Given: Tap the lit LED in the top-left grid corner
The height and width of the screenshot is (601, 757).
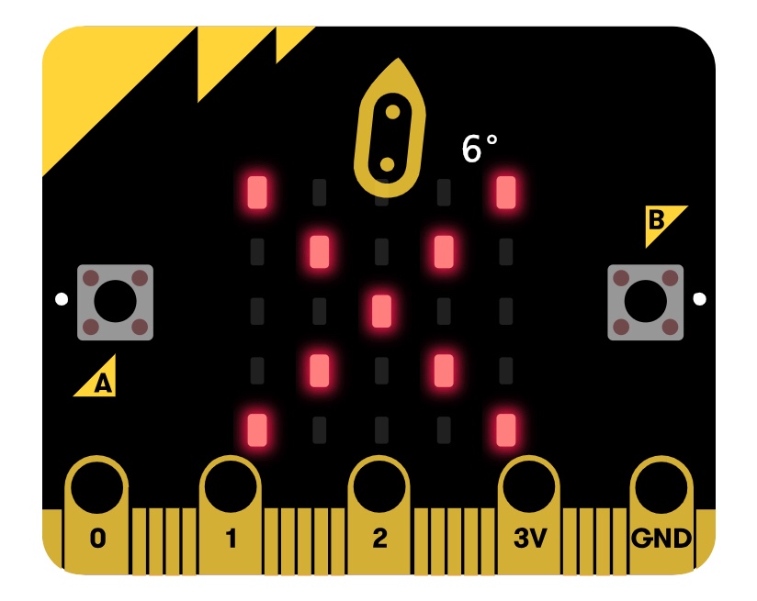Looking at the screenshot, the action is pyautogui.click(x=256, y=192).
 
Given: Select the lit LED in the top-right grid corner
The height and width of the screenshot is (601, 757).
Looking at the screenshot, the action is pyautogui.click(x=505, y=192).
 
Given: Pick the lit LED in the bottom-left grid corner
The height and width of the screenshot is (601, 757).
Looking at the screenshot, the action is pyautogui.click(x=256, y=428).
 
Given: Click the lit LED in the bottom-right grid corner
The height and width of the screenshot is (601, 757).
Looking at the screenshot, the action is pyautogui.click(x=505, y=428).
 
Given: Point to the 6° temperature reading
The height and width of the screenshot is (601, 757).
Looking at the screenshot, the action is pyautogui.click(x=479, y=149).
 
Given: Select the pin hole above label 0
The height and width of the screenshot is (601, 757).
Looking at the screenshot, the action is pyautogui.click(x=97, y=486).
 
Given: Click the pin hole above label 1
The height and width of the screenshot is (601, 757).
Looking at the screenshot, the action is pyautogui.click(x=231, y=486).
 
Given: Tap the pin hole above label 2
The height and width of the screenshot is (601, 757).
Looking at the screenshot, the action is pyautogui.click(x=380, y=486).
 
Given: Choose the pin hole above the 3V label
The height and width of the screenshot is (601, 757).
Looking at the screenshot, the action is pyautogui.click(x=529, y=486).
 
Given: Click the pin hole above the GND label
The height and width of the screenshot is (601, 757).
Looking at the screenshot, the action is pyautogui.click(x=661, y=486).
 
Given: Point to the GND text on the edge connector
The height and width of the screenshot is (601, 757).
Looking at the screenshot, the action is pyautogui.click(x=661, y=539).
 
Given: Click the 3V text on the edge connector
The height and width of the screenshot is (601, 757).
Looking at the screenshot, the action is pyautogui.click(x=529, y=539).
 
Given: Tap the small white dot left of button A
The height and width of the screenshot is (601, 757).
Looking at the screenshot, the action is pyautogui.click(x=62, y=298).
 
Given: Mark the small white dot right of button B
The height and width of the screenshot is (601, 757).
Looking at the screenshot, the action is pyautogui.click(x=700, y=298).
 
